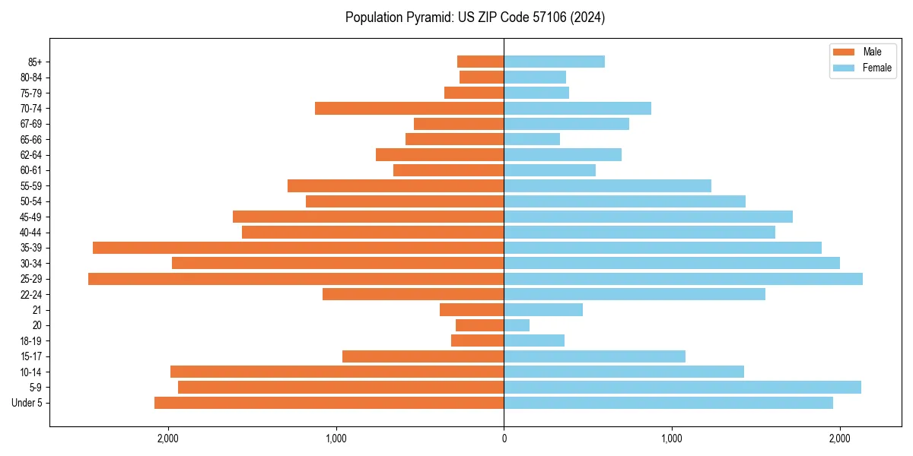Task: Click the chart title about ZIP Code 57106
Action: pos(475,17)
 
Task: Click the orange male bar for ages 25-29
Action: pos(296,279)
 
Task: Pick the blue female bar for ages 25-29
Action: pos(683,279)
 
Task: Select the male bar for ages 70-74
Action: pos(409,109)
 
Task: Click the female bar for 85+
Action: pos(554,62)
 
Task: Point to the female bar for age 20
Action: pos(517,325)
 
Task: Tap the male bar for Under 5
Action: pos(329,403)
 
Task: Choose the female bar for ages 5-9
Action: pos(682,388)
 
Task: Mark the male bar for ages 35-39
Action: pos(298,248)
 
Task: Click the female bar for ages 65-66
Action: pos(532,139)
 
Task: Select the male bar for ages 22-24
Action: pos(413,294)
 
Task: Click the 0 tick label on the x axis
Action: pos(504,439)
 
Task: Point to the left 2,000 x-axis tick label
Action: pos(167,439)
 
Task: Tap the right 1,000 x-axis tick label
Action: pos(672,439)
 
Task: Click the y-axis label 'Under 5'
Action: pos(27,403)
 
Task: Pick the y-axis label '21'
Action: pos(37,310)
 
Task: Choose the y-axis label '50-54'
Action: pos(31,201)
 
